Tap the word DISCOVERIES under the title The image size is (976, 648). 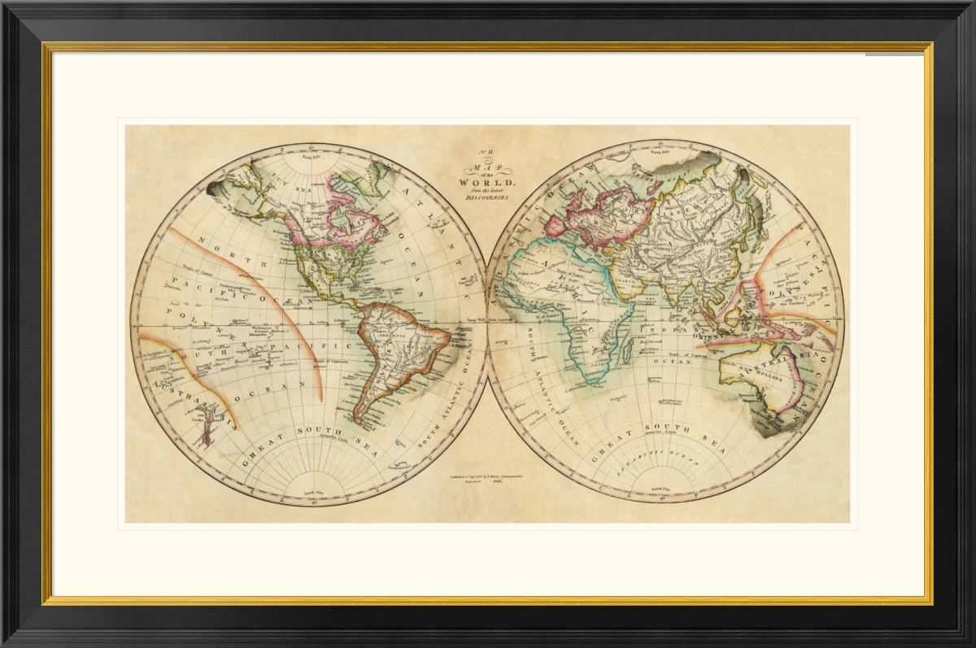tap(485, 196)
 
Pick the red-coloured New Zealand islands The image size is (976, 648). tap(205, 426)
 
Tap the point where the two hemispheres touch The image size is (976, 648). tap(487, 323)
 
